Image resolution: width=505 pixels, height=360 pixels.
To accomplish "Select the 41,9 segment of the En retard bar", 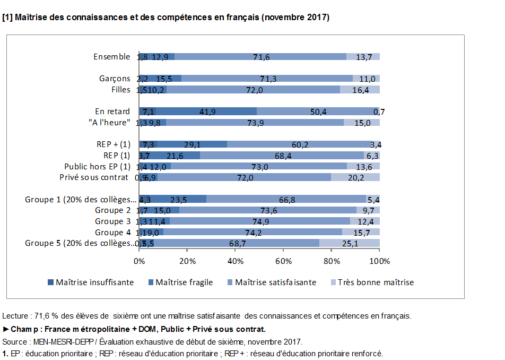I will click(207, 112).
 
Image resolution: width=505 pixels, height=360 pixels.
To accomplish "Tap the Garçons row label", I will click(115, 79).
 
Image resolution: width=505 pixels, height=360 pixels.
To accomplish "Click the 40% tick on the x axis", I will click(235, 261).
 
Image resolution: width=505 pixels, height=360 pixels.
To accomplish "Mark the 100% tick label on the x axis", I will click(380, 261).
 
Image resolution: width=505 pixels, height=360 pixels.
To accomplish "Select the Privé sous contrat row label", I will click(94, 177).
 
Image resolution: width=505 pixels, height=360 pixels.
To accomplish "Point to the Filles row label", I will click(120, 90).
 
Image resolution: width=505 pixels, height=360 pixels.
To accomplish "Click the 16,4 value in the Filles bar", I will click(360, 90).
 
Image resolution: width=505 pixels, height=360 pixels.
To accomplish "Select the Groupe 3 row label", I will click(112, 221).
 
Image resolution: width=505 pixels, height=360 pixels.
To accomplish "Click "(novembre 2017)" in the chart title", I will click(295, 18).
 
